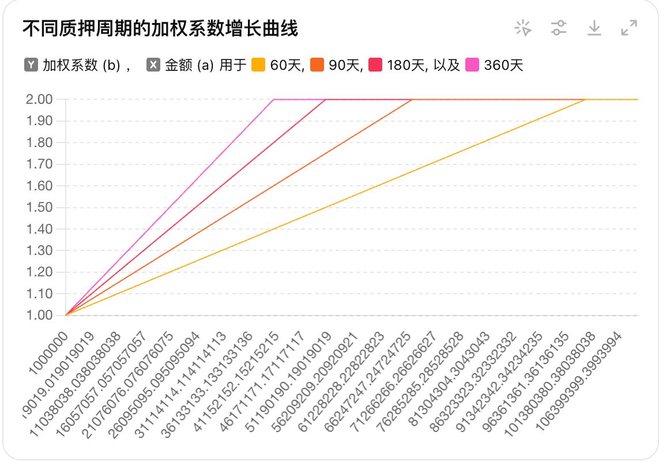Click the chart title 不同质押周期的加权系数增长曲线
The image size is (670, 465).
[x=160, y=28]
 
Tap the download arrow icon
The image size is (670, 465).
[x=594, y=28]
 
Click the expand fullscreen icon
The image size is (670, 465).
[x=628, y=28]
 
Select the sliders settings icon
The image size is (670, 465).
[x=558, y=28]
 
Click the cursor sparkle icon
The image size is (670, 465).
[x=523, y=28]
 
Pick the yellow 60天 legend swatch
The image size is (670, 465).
[x=258, y=65]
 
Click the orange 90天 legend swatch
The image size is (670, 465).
[x=317, y=65]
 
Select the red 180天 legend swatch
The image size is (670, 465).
[x=375, y=65]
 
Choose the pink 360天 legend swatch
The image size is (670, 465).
[x=472, y=65]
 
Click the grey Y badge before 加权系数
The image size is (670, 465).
[x=31, y=65]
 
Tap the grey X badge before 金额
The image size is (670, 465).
[x=153, y=65]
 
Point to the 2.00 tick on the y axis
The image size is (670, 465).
[x=40, y=100]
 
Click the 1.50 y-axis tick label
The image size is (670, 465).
[x=40, y=208]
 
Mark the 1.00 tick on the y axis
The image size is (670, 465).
[x=40, y=316]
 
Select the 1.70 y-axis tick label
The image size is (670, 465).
[x=40, y=164]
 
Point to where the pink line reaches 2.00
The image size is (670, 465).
[x=274, y=100]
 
